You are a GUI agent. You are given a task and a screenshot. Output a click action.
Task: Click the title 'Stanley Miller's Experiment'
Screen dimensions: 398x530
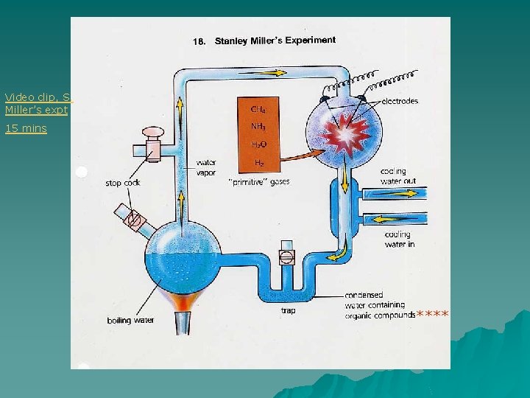(275, 41)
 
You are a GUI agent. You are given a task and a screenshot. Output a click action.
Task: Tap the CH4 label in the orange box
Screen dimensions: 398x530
(259, 109)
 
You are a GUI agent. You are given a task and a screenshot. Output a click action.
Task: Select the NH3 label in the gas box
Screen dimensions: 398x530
(259, 126)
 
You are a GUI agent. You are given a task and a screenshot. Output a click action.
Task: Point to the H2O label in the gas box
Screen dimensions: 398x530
(259, 144)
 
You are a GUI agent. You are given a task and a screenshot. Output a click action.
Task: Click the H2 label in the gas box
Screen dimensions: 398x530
(259, 162)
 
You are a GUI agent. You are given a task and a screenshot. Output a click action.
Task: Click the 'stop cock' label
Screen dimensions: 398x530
(123, 183)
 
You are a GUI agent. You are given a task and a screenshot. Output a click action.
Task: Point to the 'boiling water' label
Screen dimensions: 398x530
(130, 320)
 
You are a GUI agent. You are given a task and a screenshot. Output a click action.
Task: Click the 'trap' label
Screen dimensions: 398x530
(289, 310)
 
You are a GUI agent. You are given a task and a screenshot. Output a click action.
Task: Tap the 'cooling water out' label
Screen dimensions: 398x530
(398, 176)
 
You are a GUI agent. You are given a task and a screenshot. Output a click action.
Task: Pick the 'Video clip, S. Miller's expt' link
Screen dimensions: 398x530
(36, 103)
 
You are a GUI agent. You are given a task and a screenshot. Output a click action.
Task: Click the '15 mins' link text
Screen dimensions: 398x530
(26, 128)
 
